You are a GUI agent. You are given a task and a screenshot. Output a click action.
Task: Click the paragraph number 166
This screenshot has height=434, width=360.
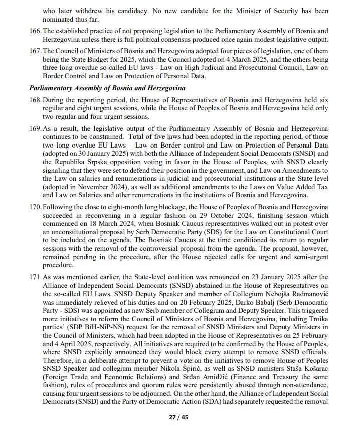tap(35, 31)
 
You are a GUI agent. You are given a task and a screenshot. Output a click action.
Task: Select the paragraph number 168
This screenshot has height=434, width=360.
tap(35, 101)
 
